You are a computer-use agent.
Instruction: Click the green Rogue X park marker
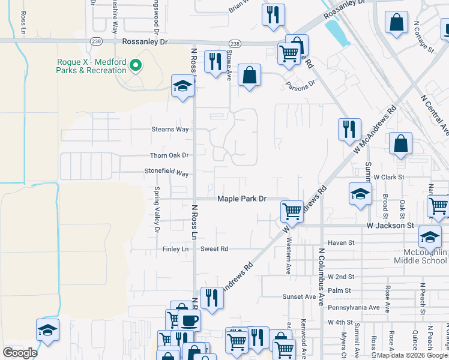click(x=136, y=65)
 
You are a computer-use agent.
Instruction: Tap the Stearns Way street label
click(x=170, y=129)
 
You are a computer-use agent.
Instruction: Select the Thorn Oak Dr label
click(x=169, y=155)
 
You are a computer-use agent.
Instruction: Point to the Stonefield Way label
click(x=166, y=173)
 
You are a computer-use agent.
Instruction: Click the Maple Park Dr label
click(x=241, y=199)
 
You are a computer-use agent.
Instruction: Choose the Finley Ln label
click(x=175, y=248)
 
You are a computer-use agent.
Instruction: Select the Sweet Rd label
click(x=214, y=248)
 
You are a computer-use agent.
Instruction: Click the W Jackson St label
click(x=391, y=226)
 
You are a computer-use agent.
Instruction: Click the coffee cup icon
click(x=190, y=320)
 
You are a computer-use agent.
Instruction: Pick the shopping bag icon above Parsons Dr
click(x=249, y=76)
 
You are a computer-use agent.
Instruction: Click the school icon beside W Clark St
click(x=360, y=194)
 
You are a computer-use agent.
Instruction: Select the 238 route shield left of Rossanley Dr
click(x=95, y=41)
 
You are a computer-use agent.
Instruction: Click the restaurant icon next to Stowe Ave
click(x=214, y=61)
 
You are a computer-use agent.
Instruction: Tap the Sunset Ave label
click(x=299, y=296)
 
